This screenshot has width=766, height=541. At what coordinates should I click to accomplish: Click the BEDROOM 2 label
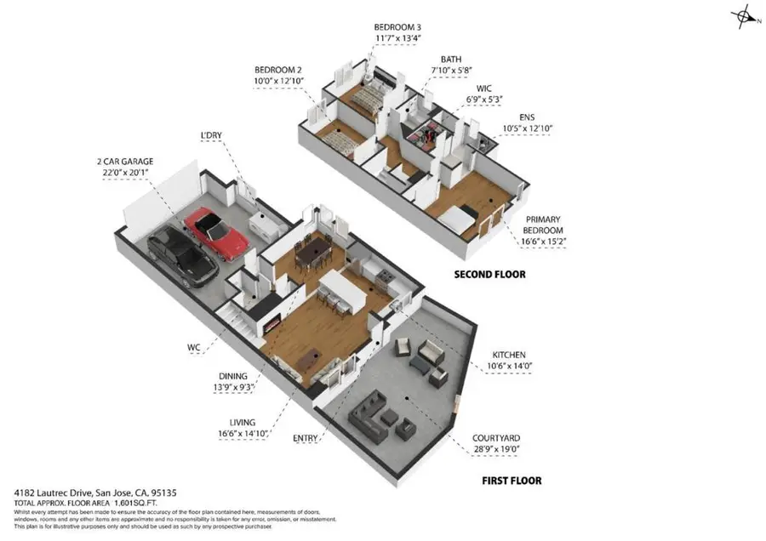coord(279,69)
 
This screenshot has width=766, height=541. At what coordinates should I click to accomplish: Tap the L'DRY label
coord(210,134)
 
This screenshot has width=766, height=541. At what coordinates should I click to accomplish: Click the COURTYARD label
coord(498,441)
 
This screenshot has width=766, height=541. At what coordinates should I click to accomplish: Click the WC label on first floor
coord(196,346)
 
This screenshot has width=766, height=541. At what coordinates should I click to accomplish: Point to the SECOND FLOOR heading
coord(489,275)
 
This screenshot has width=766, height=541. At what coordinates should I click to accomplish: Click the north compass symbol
coord(745,17)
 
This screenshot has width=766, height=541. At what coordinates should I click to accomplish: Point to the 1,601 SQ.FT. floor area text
coord(111,504)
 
